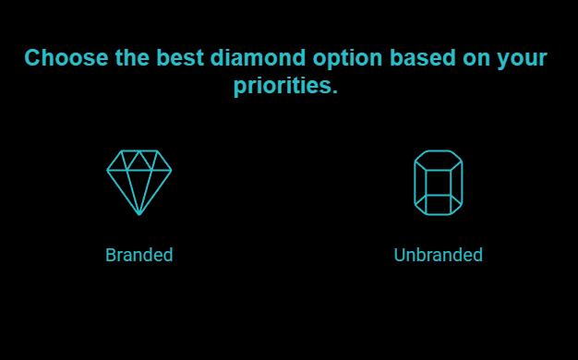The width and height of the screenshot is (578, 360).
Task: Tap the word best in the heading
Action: tap(180, 58)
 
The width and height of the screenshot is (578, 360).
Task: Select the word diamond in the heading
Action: tap(255, 58)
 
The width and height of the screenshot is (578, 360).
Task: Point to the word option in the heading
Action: tap(347, 58)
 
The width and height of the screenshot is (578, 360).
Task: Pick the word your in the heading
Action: tap(523, 58)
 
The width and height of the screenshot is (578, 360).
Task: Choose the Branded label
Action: tap(138, 255)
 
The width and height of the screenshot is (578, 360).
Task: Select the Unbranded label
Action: tap(438, 255)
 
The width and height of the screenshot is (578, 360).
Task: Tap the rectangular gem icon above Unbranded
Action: tap(438, 182)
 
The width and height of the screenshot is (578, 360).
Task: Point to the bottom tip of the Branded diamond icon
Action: tap(139, 214)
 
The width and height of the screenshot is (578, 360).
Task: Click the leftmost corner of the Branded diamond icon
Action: tap(107, 171)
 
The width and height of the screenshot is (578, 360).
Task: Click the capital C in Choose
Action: tap(33, 58)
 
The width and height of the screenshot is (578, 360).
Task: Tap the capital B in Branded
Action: tap(111, 255)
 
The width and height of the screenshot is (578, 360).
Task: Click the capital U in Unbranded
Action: tap(400, 255)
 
